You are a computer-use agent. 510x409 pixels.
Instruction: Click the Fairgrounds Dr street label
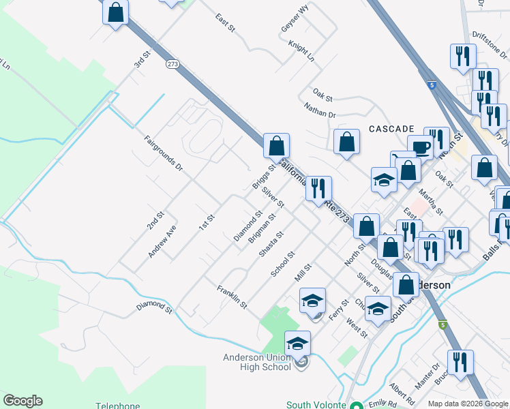[x=164, y=153]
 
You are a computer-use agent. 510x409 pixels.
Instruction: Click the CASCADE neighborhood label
[x=391, y=128]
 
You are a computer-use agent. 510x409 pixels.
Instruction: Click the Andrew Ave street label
[x=162, y=241]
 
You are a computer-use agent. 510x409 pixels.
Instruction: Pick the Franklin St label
[x=231, y=297]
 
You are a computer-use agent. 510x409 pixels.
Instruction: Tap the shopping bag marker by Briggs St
[x=277, y=145]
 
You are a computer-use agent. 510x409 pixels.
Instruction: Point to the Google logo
[x=22, y=401]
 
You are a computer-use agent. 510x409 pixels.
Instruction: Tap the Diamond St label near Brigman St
[x=248, y=226]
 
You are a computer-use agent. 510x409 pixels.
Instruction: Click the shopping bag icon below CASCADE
[x=347, y=142]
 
